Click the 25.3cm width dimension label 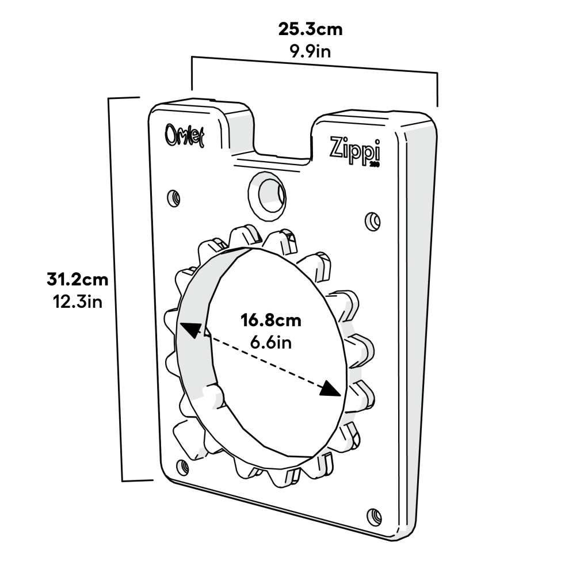click(x=310, y=29)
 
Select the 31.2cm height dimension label click(x=77, y=280)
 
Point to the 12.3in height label click(x=77, y=302)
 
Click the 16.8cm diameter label click(x=270, y=320)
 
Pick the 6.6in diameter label click(x=270, y=342)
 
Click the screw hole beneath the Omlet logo click(x=174, y=199)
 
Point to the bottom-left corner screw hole click(x=182, y=467)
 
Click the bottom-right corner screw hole click(x=374, y=516)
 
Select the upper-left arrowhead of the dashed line click(x=192, y=331)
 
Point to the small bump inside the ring click(x=214, y=396)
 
